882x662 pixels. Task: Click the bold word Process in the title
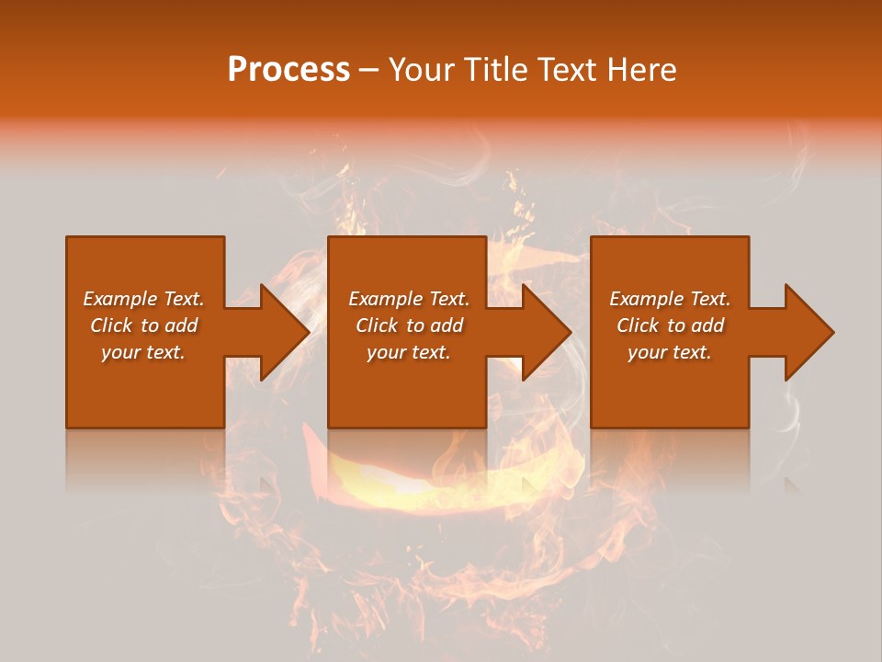(x=288, y=70)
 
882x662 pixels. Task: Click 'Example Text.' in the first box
(x=143, y=299)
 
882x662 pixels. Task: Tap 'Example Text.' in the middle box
(x=409, y=299)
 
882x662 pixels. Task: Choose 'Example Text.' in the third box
(x=670, y=299)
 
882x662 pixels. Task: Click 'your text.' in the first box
(x=143, y=352)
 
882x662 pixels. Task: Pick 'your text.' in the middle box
(x=409, y=352)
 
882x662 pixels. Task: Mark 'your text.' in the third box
(x=670, y=352)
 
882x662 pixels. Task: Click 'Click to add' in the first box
(x=143, y=325)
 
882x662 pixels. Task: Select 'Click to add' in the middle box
(x=409, y=325)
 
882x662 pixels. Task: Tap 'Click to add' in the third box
(x=670, y=325)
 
